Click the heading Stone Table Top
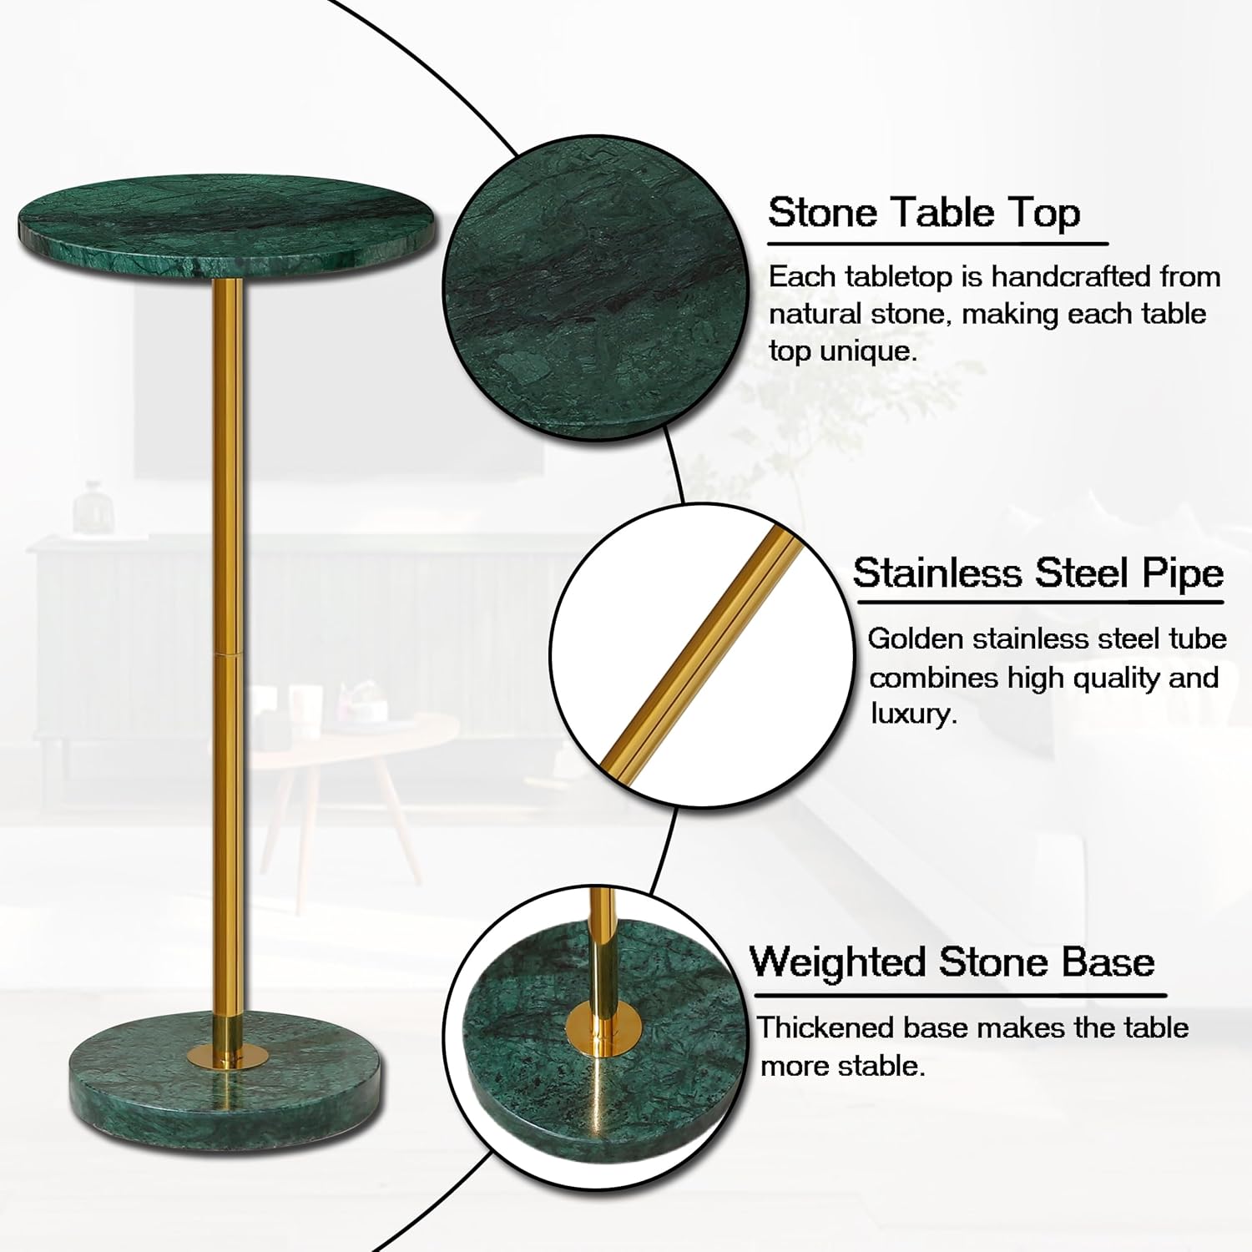click(924, 213)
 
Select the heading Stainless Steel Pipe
click(1038, 573)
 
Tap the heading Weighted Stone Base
click(952, 962)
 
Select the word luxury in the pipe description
click(913, 714)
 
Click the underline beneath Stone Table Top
click(937, 244)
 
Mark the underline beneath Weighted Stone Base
click(961, 995)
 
